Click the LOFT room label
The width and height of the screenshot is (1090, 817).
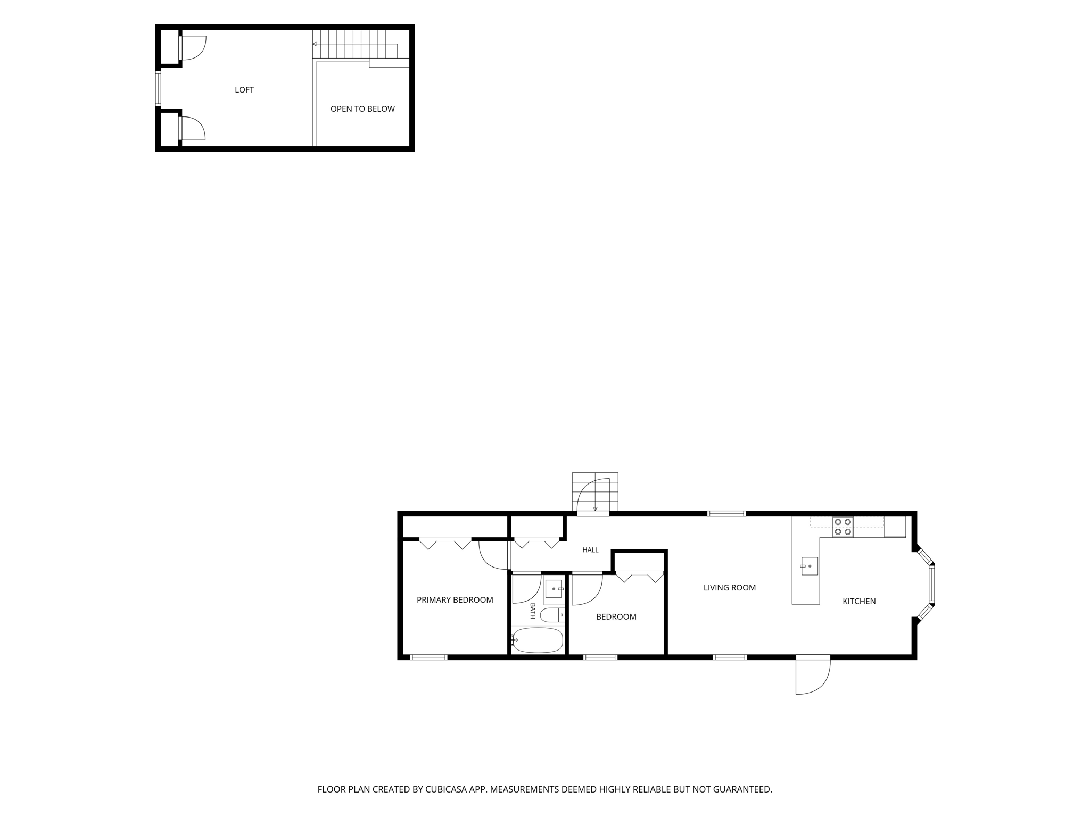(244, 90)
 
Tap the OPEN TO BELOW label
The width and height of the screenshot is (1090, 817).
(362, 109)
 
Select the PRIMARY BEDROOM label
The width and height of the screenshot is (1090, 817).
(455, 600)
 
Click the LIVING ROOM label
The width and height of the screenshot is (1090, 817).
(730, 588)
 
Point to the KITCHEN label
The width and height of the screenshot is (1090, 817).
(859, 602)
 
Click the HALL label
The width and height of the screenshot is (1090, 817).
(590, 550)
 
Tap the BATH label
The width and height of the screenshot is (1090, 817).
(532, 611)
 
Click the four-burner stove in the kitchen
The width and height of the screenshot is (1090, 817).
(843, 527)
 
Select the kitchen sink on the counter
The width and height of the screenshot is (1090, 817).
(810, 566)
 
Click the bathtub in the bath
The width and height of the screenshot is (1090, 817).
(537, 640)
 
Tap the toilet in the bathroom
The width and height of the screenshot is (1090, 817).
(552, 615)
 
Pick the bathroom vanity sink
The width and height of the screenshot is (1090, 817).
(554, 589)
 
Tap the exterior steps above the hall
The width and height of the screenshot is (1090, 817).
(595, 492)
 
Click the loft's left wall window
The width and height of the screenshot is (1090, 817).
(158, 89)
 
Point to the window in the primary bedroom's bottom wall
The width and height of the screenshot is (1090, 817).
(429, 657)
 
